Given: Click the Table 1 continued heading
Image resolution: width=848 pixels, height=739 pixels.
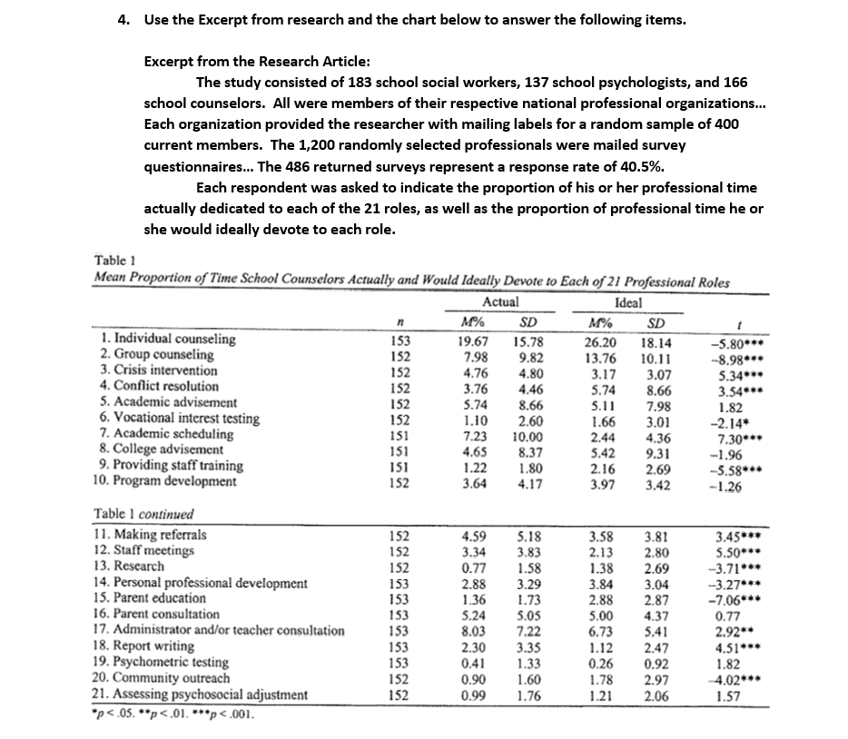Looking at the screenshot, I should click(x=143, y=514).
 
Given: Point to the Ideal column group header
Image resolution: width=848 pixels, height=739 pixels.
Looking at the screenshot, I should click(x=628, y=302).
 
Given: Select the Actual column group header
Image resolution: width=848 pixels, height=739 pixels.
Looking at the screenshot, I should click(x=500, y=302).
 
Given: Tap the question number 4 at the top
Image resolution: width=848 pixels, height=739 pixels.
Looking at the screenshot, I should click(x=124, y=20).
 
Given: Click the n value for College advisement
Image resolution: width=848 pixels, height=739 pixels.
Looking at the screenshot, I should click(x=399, y=450).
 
